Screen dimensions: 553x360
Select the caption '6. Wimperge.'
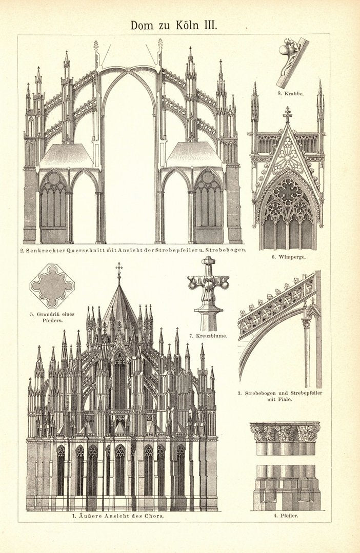pyautogui.click(x=288, y=257)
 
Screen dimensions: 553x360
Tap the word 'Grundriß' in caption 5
pyautogui.click(x=52, y=313)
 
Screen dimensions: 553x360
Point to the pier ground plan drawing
pyautogui.click(x=52, y=285)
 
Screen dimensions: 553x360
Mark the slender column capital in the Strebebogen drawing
pyautogui.click(x=307, y=323)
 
